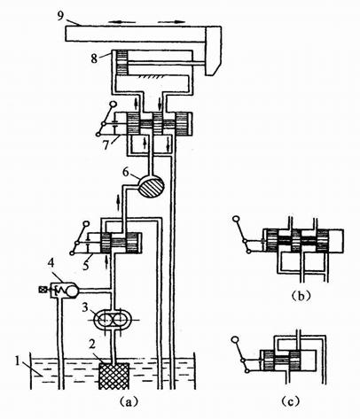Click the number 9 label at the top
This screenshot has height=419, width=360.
pyautogui.click(x=60, y=15)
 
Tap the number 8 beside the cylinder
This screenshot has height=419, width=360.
pyautogui.click(x=94, y=58)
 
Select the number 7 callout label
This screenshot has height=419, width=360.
pyautogui.click(x=106, y=144)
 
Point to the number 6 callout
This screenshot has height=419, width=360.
pyautogui.click(x=126, y=172)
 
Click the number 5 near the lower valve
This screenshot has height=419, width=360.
pyautogui.click(x=86, y=264)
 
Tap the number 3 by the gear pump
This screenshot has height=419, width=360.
pyautogui.click(x=85, y=307)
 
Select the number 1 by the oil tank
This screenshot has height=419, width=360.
pyautogui.click(x=18, y=361)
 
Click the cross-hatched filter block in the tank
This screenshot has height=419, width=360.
pyautogui.click(x=113, y=376)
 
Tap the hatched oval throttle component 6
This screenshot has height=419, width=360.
pyautogui.click(x=151, y=187)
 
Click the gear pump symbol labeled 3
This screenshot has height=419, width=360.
pyautogui.click(x=112, y=320)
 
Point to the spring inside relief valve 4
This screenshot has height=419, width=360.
pyautogui.click(x=62, y=291)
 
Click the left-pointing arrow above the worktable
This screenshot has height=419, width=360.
pyautogui.click(x=121, y=21)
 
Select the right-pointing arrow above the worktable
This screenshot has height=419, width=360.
pyautogui.click(x=171, y=21)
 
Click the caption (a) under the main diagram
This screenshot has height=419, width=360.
pyautogui.click(x=128, y=402)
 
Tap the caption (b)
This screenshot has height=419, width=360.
pyautogui.click(x=301, y=296)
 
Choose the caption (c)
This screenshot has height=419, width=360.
pyautogui.click(x=290, y=401)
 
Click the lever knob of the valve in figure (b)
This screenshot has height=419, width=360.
pyautogui.click(x=237, y=219)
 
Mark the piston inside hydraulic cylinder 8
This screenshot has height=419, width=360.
pyautogui.click(x=121, y=63)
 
